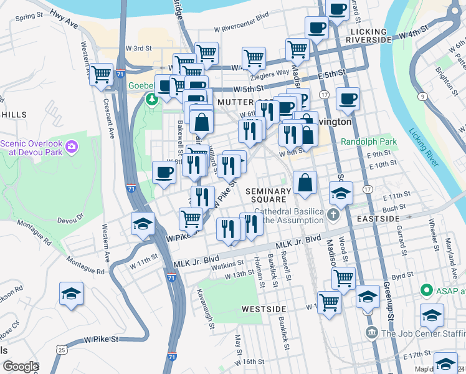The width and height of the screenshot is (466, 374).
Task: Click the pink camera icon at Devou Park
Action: [72, 147]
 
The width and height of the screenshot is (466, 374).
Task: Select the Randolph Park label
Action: [368, 141]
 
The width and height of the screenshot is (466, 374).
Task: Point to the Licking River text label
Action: [423, 150]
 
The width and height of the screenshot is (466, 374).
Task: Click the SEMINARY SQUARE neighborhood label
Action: [268, 194]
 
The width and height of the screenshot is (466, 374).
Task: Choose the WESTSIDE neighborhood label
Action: [264, 309]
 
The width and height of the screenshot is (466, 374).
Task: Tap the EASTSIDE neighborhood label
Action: [378, 219]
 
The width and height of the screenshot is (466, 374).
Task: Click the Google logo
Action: [20, 366]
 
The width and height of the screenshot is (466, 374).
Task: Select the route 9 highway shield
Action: [422, 96]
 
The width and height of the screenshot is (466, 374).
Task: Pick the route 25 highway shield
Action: [61, 350]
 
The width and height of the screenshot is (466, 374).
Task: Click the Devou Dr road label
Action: [70, 220]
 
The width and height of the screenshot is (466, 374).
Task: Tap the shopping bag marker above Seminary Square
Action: [305, 183]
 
